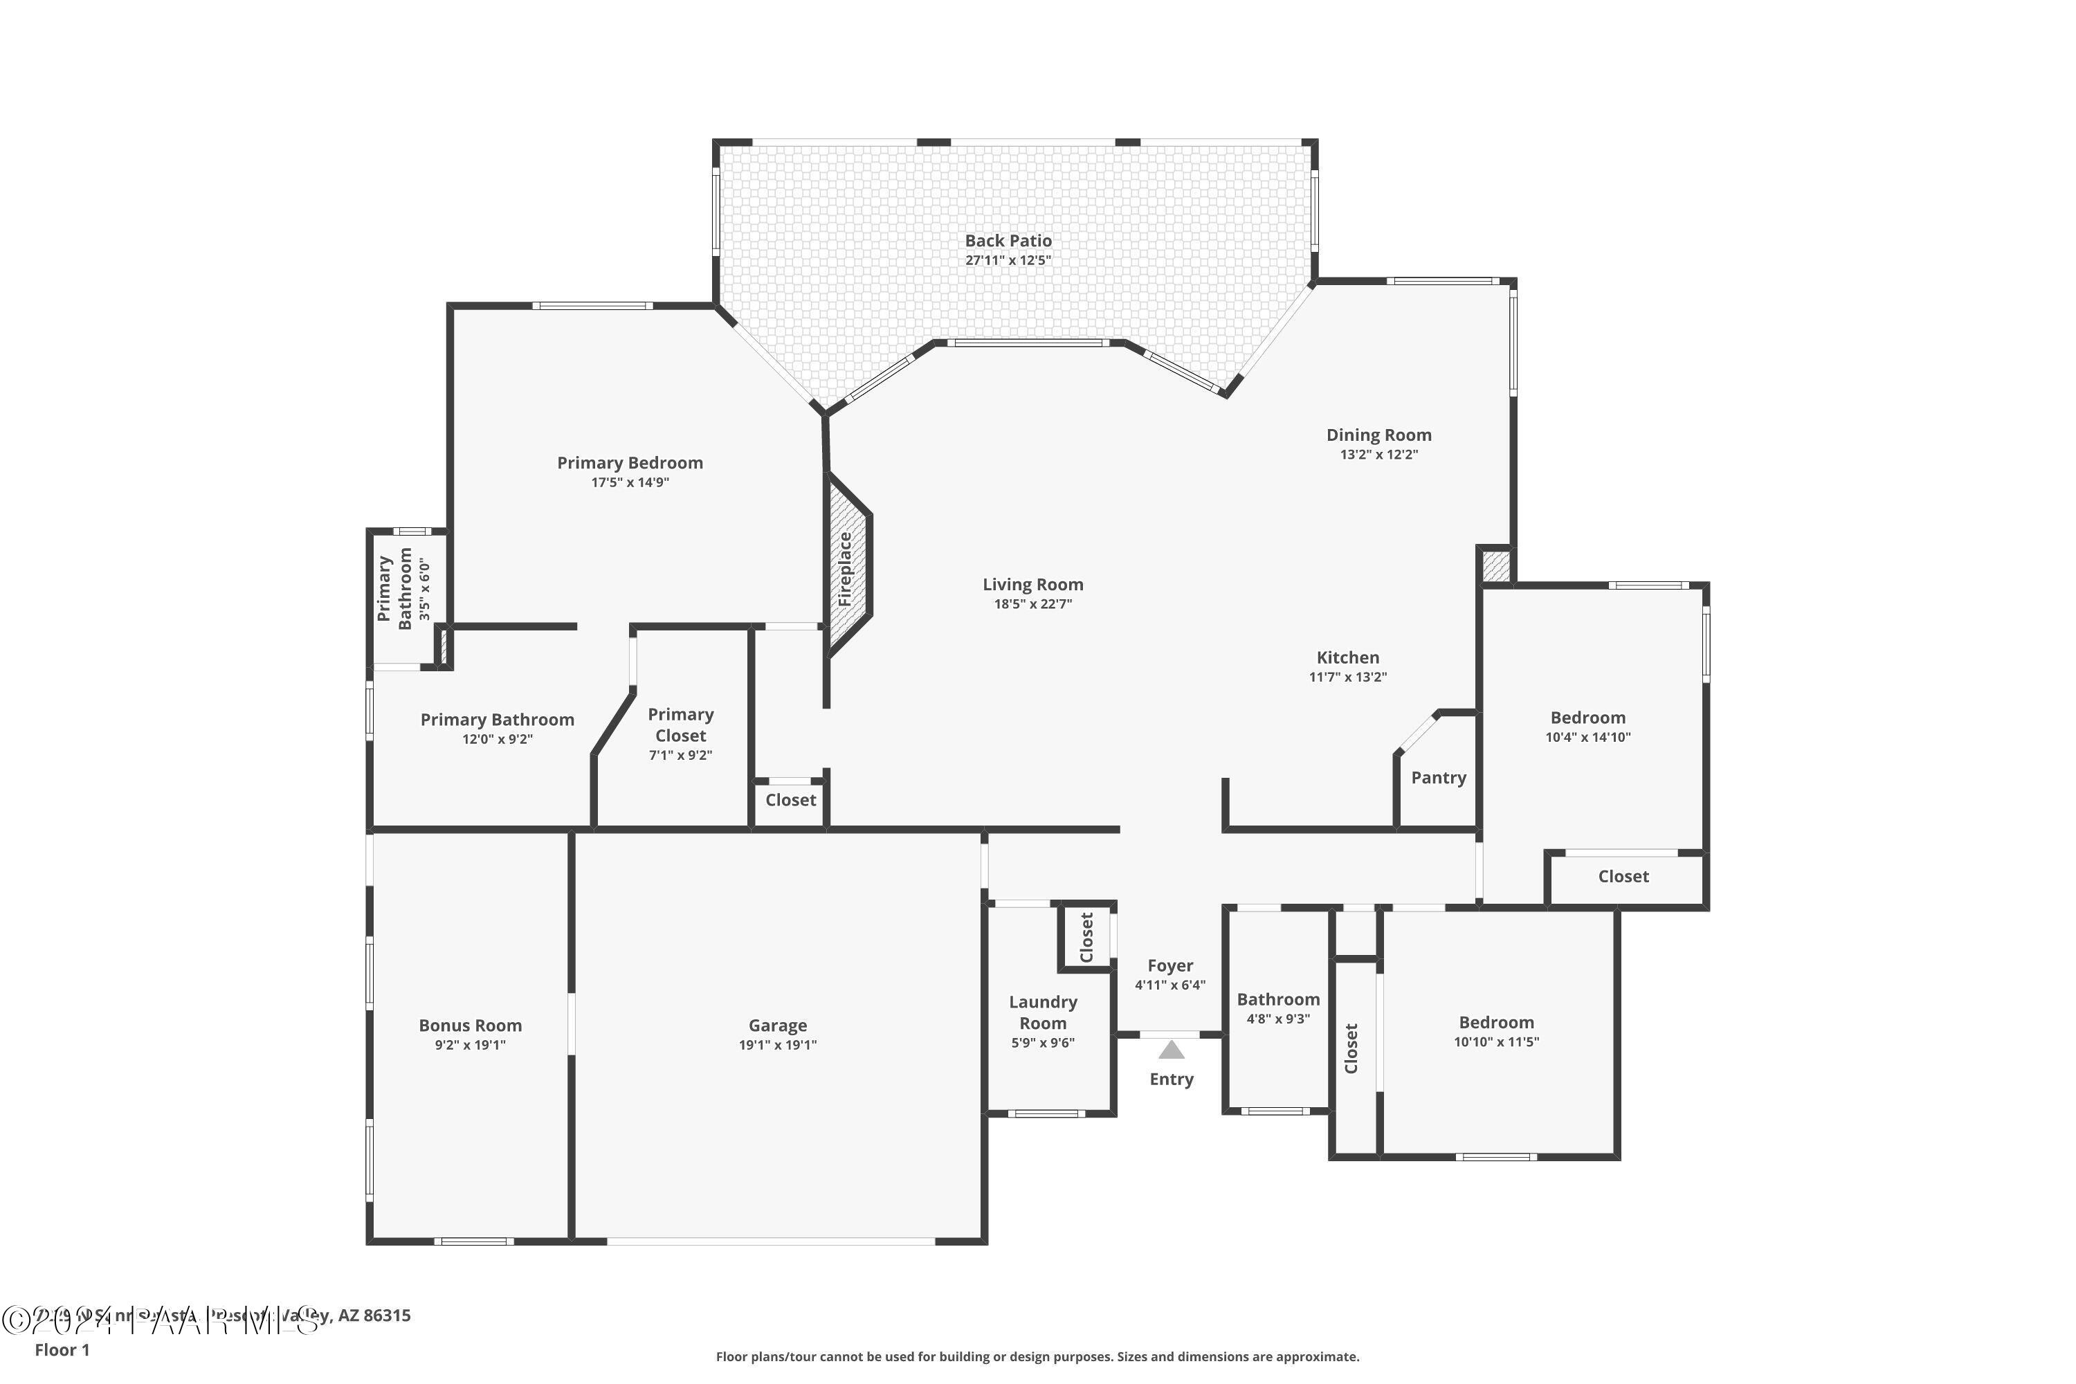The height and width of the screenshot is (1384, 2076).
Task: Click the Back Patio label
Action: point(1008,241)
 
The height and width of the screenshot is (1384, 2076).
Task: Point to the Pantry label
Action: point(1438,778)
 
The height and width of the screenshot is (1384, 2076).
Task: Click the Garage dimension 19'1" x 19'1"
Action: point(778,1045)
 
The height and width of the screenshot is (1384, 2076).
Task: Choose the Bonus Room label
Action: point(470,1026)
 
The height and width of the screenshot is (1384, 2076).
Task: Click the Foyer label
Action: point(1169,965)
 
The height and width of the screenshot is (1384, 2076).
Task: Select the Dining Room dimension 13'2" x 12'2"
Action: point(1378,455)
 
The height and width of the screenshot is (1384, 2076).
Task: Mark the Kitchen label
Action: point(1348,657)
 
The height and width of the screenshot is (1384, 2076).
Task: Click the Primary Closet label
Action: point(680,725)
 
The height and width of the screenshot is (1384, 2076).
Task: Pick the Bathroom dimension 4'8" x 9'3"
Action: point(1278,1019)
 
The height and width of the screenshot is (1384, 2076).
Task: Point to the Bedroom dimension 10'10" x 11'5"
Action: point(1496,1041)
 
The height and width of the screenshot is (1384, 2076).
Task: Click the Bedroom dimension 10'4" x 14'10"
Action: point(1588,737)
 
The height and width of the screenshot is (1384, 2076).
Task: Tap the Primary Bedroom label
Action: point(630,462)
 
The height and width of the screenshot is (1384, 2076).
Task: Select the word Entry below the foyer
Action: point(1172,1080)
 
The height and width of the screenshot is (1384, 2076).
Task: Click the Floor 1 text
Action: point(62,1349)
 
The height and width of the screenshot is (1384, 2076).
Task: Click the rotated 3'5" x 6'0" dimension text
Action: point(425,589)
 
